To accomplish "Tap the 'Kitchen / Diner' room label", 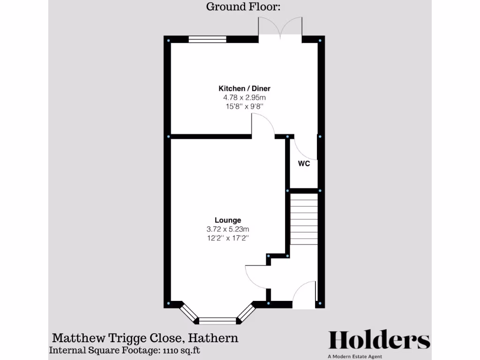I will [244, 88].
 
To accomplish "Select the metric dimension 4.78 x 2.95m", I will [244, 97].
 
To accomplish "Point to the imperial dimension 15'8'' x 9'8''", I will [244, 106].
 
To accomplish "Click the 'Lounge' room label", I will [228, 220].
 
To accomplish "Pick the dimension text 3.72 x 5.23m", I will [228, 229].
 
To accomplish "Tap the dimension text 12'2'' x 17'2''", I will [228, 238].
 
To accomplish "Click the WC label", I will [304, 164].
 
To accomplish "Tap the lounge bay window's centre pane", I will [217, 321].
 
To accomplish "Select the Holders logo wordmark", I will [379, 340].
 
